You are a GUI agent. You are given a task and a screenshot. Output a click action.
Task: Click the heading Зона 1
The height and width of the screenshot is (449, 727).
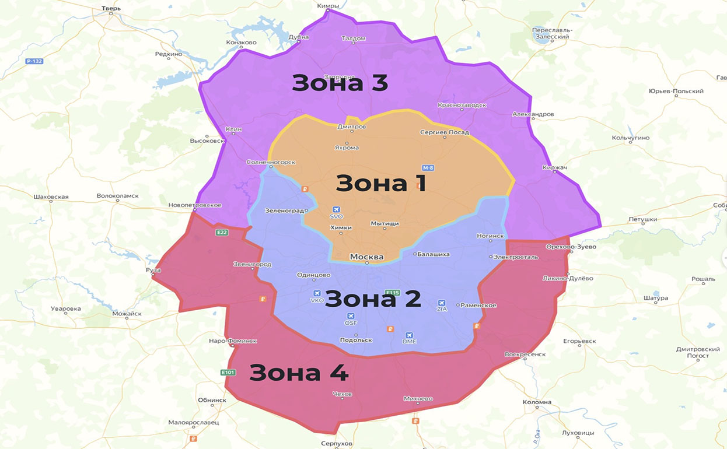380,183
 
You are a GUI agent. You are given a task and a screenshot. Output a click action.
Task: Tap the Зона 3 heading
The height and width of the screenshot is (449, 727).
340,83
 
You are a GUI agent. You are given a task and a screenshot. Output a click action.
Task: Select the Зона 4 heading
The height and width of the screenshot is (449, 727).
298,372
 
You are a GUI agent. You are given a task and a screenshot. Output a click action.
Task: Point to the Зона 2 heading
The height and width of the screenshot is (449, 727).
372,299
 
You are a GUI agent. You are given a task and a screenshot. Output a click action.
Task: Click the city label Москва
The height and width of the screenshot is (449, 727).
366,257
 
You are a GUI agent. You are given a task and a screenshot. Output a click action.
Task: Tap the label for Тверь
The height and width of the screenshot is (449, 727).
111,9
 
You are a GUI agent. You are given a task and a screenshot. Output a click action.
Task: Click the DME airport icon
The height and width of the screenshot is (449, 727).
409,335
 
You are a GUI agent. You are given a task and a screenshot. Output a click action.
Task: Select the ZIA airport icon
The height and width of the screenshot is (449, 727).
442,303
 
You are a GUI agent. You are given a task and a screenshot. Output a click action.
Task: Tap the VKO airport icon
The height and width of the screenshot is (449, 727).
317,293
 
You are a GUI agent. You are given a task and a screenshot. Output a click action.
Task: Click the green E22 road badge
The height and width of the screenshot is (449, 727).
222,232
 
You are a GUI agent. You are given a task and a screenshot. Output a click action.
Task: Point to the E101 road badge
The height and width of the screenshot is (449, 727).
228,372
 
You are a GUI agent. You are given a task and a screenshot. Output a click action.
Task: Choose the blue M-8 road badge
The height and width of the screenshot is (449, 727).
428,168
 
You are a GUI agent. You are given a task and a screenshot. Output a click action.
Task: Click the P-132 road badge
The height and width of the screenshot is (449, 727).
34,61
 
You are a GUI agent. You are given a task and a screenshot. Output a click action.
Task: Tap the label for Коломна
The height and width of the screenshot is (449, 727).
537,402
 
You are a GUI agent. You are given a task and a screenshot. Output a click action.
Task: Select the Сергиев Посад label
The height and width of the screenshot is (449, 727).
445,132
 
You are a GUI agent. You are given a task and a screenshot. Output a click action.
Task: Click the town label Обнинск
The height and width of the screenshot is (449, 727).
212,400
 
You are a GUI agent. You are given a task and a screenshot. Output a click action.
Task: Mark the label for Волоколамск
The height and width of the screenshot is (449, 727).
117,196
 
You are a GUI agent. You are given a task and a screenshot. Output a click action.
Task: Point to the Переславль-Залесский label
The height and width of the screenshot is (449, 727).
552,33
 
